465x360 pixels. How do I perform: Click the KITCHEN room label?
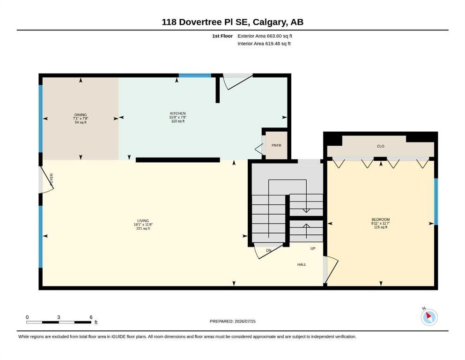pos(177,113)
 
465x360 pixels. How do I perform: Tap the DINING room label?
pos(81,115)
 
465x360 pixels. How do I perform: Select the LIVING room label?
pos(143,221)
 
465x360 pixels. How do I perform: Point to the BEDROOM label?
pos(381,220)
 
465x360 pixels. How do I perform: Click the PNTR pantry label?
pos(276,145)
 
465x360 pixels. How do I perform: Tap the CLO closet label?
pos(381,146)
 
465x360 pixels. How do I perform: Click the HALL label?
pos(302,264)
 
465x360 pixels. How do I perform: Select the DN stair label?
pos(268,250)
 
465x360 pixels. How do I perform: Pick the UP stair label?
pos(313,248)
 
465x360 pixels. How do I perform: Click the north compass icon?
pos(429,317)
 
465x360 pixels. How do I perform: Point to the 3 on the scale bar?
pos(59,317)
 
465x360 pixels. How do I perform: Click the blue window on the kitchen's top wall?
pos(195,75)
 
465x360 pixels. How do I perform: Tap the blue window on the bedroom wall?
pos(436,202)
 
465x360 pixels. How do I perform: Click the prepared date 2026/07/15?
pos(245,321)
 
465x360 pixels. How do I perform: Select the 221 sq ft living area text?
pos(143,229)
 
